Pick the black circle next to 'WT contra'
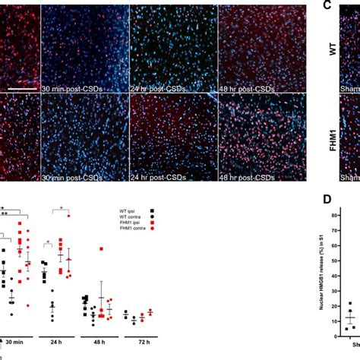coord(153,217)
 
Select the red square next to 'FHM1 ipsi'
coord(153,225)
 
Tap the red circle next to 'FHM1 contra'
coord(153,232)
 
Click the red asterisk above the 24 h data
coord(62,209)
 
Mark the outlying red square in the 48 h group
coord(101,249)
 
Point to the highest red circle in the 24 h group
coord(68,216)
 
